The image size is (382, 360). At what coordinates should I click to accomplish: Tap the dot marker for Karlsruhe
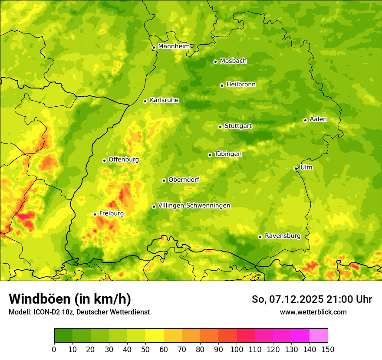click(x=145, y=101)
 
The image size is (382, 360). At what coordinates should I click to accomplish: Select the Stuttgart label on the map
click(x=238, y=126)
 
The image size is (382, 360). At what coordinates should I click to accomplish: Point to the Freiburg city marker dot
click(x=95, y=214)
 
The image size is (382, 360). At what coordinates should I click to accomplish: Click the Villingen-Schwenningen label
click(x=194, y=206)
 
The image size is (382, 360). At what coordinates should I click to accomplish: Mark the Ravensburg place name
click(x=283, y=236)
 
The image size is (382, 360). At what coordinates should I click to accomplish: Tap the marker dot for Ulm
click(x=296, y=168)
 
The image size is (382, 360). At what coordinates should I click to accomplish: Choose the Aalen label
click(x=318, y=119)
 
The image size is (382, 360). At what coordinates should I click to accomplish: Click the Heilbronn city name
click(x=241, y=85)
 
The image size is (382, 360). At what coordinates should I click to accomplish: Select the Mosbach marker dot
click(x=215, y=62)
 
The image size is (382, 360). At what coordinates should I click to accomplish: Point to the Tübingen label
click(x=228, y=154)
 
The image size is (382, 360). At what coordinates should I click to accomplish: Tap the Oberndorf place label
click(x=184, y=180)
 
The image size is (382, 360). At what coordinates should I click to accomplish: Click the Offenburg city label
click(x=124, y=160)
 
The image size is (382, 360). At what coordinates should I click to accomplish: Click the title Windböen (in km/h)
click(x=69, y=299)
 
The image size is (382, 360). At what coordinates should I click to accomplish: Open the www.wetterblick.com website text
click(x=313, y=312)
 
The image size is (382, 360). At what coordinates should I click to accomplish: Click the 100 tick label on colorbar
click(x=237, y=349)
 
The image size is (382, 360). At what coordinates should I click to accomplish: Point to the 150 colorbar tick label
click(x=328, y=349)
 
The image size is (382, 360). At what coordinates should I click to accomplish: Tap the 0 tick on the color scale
click(x=54, y=349)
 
